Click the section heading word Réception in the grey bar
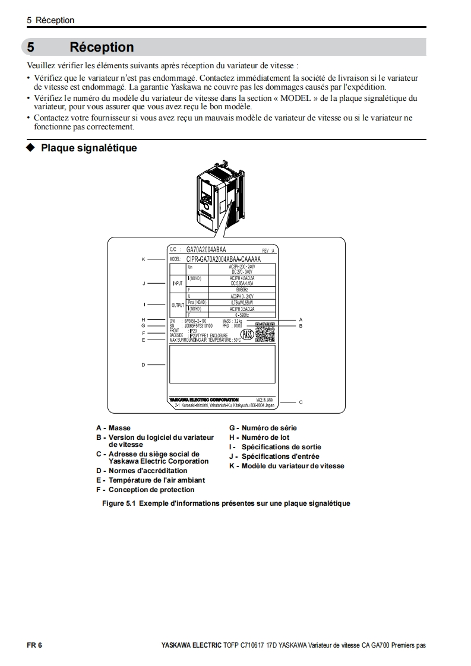click(102, 47)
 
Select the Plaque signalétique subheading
click(88, 148)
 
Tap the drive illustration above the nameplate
click(219, 193)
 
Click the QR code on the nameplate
click(265, 333)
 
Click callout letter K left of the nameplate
click(143, 259)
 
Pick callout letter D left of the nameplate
click(143, 364)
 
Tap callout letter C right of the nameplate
click(301, 402)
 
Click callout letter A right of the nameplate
click(301, 320)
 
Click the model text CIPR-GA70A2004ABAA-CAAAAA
click(223, 259)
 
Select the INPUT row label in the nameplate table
click(178, 284)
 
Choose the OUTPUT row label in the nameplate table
click(178, 305)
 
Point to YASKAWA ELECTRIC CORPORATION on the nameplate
click(204, 400)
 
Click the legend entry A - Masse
click(113, 428)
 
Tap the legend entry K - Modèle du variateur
click(286, 466)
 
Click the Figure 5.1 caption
click(226, 503)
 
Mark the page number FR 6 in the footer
click(34, 645)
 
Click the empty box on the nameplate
click(222, 364)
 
